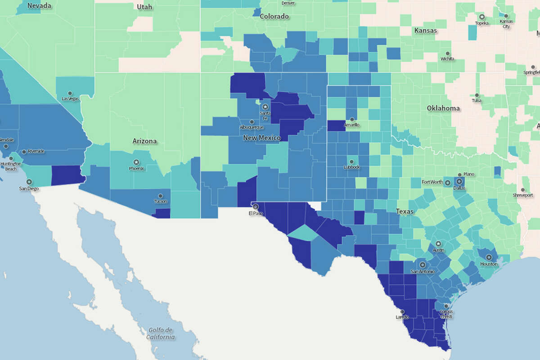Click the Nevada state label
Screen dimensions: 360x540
[x=39, y=6]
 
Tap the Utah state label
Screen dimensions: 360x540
[x=144, y=6]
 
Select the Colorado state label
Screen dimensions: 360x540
[x=274, y=16]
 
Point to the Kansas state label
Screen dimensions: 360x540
[x=425, y=31]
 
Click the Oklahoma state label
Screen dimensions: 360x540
[x=443, y=108]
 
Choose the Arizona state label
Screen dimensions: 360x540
[x=144, y=141]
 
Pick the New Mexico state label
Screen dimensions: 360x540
[x=261, y=138]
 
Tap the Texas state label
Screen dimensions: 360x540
[x=405, y=211]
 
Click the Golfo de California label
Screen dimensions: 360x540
[x=160, y=333]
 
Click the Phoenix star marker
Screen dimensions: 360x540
[x=136, y=162]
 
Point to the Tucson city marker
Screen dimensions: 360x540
[x=160, y=196]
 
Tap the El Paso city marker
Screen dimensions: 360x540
[x=256, y=207]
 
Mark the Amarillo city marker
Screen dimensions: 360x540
[x=351, y=119]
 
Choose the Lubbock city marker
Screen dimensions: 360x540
[x=351, y=162]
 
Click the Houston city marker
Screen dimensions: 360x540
[x=489, y=258]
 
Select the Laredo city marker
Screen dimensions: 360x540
[x=402, y=311]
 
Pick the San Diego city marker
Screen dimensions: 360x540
[x=29, y=182]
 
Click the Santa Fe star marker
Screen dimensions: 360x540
[x=265, y=107]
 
